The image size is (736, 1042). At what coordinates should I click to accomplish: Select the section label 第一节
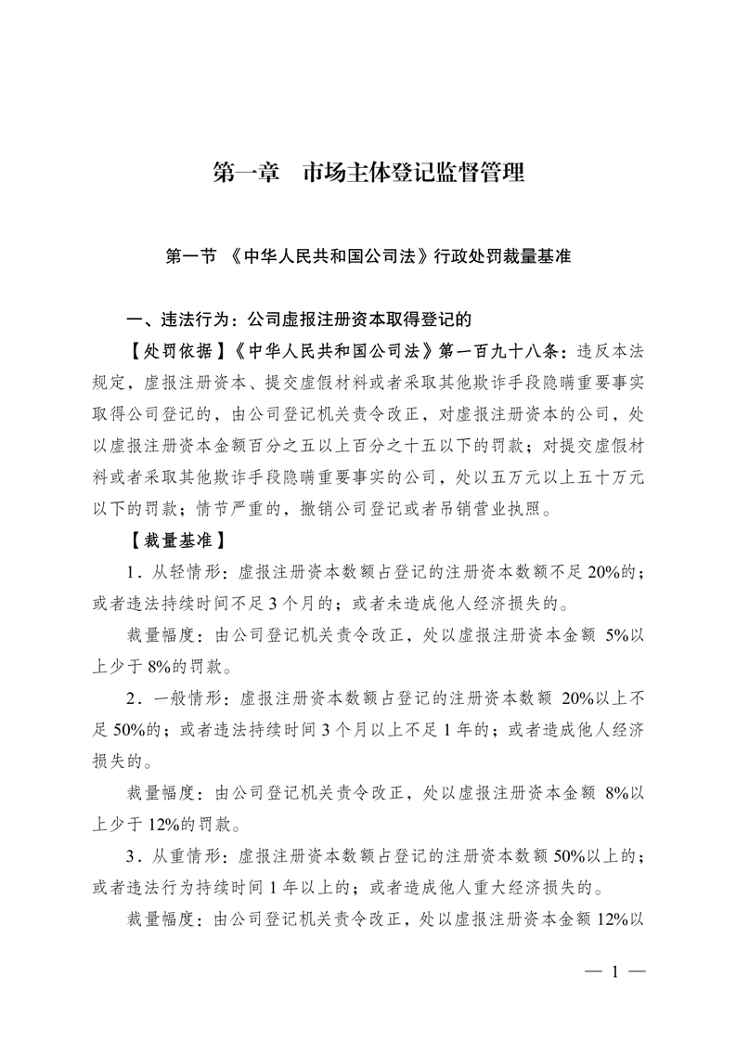(192, 257)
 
